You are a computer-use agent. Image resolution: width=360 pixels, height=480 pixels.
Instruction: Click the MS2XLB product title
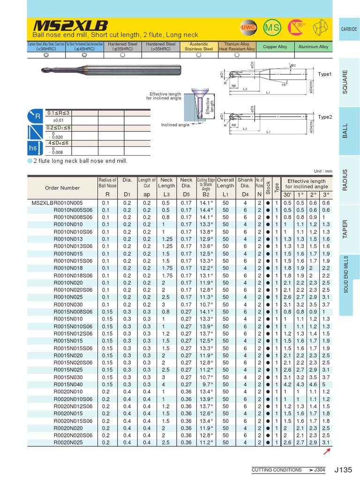(x=70, y=25)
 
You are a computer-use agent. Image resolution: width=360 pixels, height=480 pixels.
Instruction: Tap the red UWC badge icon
(x=247, y=28)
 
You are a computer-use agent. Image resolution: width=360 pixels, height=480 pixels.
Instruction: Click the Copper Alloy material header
(x=275, y=47)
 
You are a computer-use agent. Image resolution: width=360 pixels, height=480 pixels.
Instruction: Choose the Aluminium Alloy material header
(x=313, y=47)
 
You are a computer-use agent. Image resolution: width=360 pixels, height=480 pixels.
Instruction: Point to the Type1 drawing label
(x=324, y=75)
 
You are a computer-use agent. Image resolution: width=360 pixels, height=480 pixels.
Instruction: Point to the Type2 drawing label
(x=324, y=117)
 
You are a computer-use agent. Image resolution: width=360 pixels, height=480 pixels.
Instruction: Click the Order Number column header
(x=62, y=188)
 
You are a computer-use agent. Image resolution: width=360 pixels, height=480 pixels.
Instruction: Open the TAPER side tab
(x=345, y=229)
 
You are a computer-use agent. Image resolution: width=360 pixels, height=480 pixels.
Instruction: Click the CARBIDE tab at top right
(x=348, y=29)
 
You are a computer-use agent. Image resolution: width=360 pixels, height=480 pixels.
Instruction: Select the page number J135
(x=344, y=469)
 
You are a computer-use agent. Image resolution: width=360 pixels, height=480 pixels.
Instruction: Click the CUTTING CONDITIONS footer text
(x=277, y=470)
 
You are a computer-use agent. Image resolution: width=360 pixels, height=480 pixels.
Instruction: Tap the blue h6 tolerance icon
(x=33, y=148)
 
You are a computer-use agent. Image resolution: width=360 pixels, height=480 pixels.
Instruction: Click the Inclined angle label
(x=175, y=125)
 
